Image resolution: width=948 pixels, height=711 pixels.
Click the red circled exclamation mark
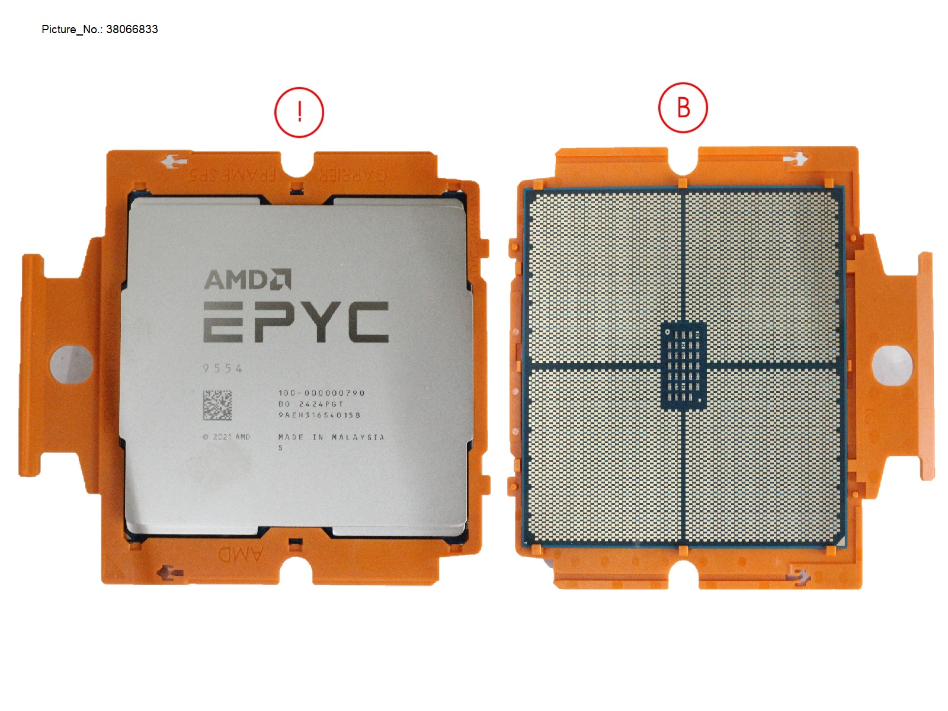pyautogui.click(x=299, y=113)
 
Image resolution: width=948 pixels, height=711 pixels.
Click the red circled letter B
pyautogui.click(x=683, y=108)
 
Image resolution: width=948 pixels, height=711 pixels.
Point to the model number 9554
pyautogui.click(x=223, y=369)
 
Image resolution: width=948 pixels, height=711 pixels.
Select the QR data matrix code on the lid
pyautogui.click(x=217, y=405)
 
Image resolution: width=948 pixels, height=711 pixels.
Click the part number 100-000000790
pyautogui.click(x=321, y=393)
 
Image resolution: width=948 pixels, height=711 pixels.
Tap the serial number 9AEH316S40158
pyautogui.click(x=319, y=415)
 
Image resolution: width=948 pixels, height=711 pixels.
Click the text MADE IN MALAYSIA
pyautogui.click(x=331, y=437)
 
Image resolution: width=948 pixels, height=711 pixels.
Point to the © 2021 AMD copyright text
pyautogui.click(x=226, y=437)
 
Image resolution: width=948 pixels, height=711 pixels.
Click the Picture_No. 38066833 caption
pyautogui.click(x=100, y=30)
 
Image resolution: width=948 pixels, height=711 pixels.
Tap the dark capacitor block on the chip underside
pyautogui.click(x=683, y=366)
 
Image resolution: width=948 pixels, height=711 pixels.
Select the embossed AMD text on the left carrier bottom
pyautogui.click(x=241, y=555)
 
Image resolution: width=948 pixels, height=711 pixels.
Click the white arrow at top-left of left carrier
pyautogui.click(x=175, y=161)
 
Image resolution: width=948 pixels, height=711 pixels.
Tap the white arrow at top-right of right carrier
pyautogui.click(x=795, y=159)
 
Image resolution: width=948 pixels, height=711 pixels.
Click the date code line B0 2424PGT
pyautogui.click(x=311, y=404)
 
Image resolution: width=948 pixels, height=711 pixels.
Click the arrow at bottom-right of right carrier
pyautogui.click(x=798, y=575)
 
